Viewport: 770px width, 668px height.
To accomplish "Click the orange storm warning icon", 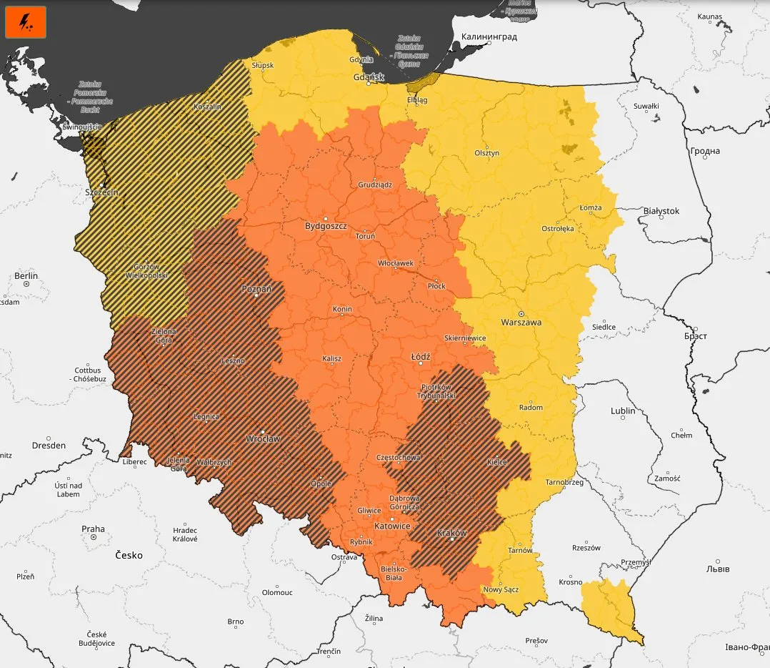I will pos(26,22).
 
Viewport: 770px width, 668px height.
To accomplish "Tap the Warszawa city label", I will pos(521,322).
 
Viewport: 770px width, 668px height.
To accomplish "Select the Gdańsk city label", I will pos(369,77).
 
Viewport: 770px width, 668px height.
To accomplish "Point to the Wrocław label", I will pos(262,438).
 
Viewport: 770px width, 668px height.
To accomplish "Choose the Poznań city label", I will pos(256,289).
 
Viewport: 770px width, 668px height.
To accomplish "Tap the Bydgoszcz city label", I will pos(326,225).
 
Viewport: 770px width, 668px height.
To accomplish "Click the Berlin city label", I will pos(26,276).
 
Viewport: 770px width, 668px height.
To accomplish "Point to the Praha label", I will pos(93,529).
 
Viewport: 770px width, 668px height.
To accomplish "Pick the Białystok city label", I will pos(661,211).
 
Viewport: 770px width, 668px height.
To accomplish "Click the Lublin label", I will pos(623,411).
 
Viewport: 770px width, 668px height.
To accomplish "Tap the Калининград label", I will pos(489,36).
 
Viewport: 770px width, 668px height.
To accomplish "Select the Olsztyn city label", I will pos(487,153).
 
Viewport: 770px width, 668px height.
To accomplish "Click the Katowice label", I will pos(392,526).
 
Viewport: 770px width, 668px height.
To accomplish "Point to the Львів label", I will pos(718,569).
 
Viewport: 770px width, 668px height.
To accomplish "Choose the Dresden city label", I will pos(49,445).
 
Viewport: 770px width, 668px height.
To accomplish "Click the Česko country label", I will pos(129,555).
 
